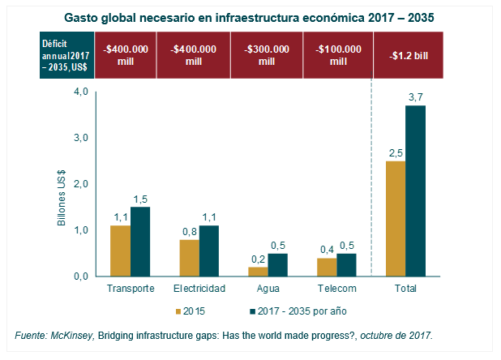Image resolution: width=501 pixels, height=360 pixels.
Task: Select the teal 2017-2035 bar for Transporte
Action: [x=140, y=242]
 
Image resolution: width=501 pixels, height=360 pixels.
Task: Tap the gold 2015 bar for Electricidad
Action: [x=189, y=258]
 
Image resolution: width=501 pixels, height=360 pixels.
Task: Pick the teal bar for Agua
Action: [x=278, y=265]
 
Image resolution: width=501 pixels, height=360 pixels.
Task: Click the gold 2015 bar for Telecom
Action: [x=327, y=267]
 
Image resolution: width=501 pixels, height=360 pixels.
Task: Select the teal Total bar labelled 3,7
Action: [x=416, y=191]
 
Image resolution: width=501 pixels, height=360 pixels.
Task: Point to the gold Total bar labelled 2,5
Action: [x=396, y=219]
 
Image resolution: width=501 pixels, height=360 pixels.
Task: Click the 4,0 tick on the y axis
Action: [x=80, y=92]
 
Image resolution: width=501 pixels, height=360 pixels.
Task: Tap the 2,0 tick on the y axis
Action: [x=80, y=184]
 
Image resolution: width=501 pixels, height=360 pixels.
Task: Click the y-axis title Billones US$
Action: [x=62, y=187]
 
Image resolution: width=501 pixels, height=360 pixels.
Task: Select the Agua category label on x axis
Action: [x=268, y=289]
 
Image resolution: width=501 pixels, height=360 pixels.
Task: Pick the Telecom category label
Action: [x=336, y=289]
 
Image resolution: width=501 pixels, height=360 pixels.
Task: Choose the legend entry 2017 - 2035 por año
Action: [x=299, y=311]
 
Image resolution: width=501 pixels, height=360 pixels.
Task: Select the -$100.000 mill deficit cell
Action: [x=336, y=55]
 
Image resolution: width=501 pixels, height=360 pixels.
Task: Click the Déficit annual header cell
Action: [x=67, y=55]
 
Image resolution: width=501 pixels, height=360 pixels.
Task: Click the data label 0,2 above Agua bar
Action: [x=258, y=259]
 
